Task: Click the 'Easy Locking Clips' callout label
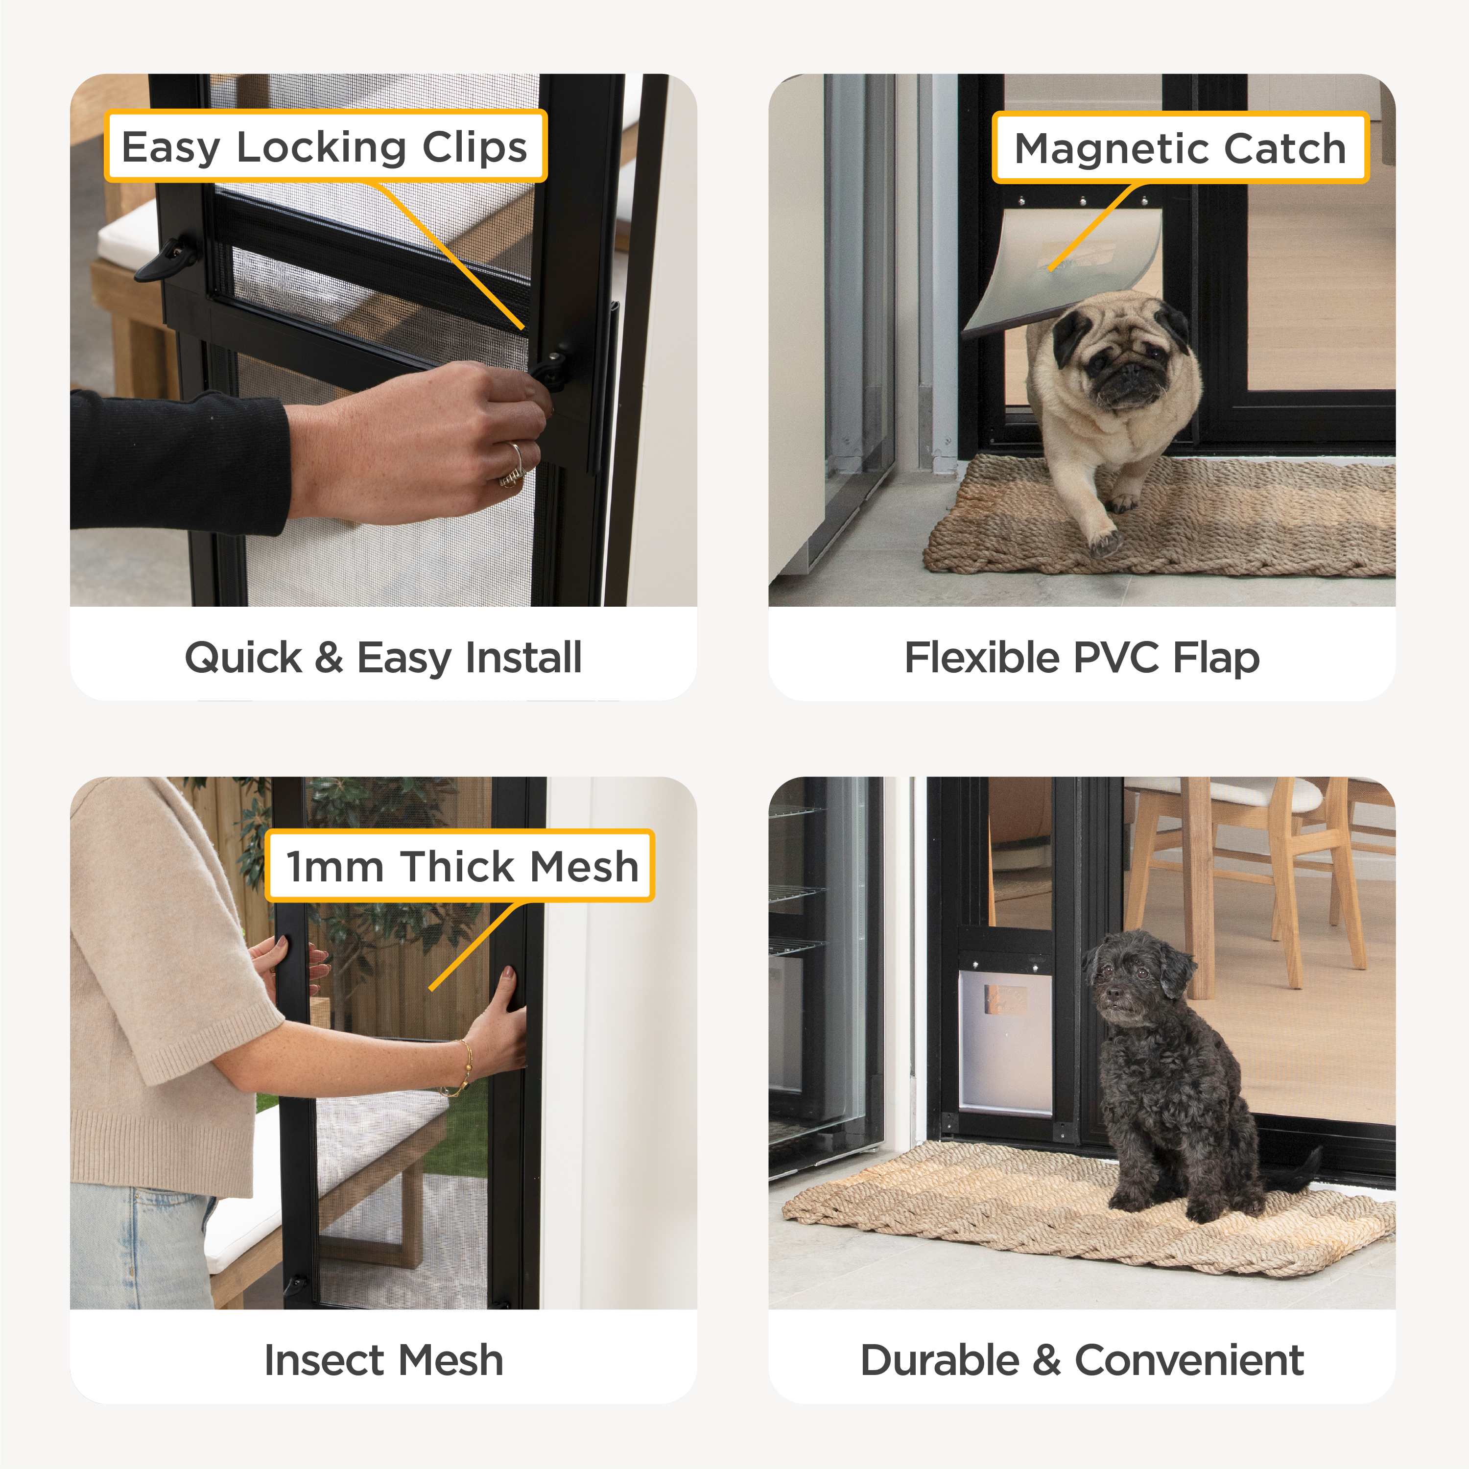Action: pyautogui.click(x=326, y=146)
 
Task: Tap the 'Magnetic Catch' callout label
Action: pyautogui.click(x=1180, y=147)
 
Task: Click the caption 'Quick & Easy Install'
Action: pyautogui.click(x=383, y=658)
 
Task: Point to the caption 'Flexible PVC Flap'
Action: pyautogui.click(x=1082, y=658)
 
